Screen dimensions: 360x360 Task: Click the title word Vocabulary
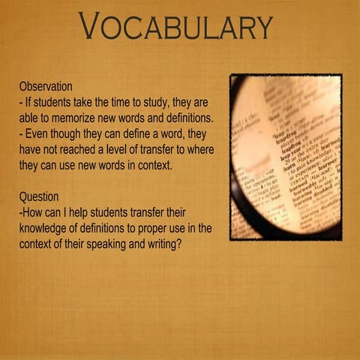[x=175, y=28]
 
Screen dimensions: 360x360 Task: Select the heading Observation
[x=46, y=87]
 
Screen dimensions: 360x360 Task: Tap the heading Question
[x=39, y=197]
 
